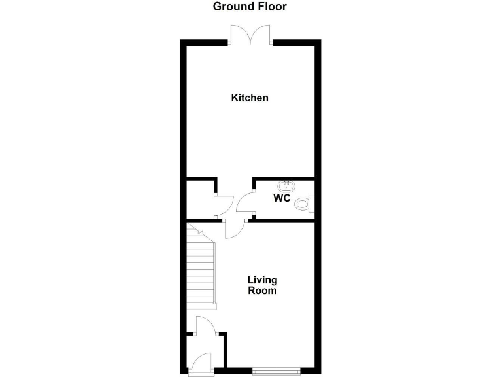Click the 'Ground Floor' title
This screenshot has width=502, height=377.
[x=250, y=7]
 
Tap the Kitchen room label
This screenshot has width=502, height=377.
[x=250, y=98]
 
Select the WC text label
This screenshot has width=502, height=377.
[x=282, y=198]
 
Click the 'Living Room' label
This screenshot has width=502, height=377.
[x=262, y=285]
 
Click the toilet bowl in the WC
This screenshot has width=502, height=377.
[x=301, y=205]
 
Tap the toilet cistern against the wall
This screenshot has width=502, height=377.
[x=312, y=205]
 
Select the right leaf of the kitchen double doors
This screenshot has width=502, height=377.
[x=262, y=33]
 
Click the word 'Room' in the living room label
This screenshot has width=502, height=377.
[x=262, y=291]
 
